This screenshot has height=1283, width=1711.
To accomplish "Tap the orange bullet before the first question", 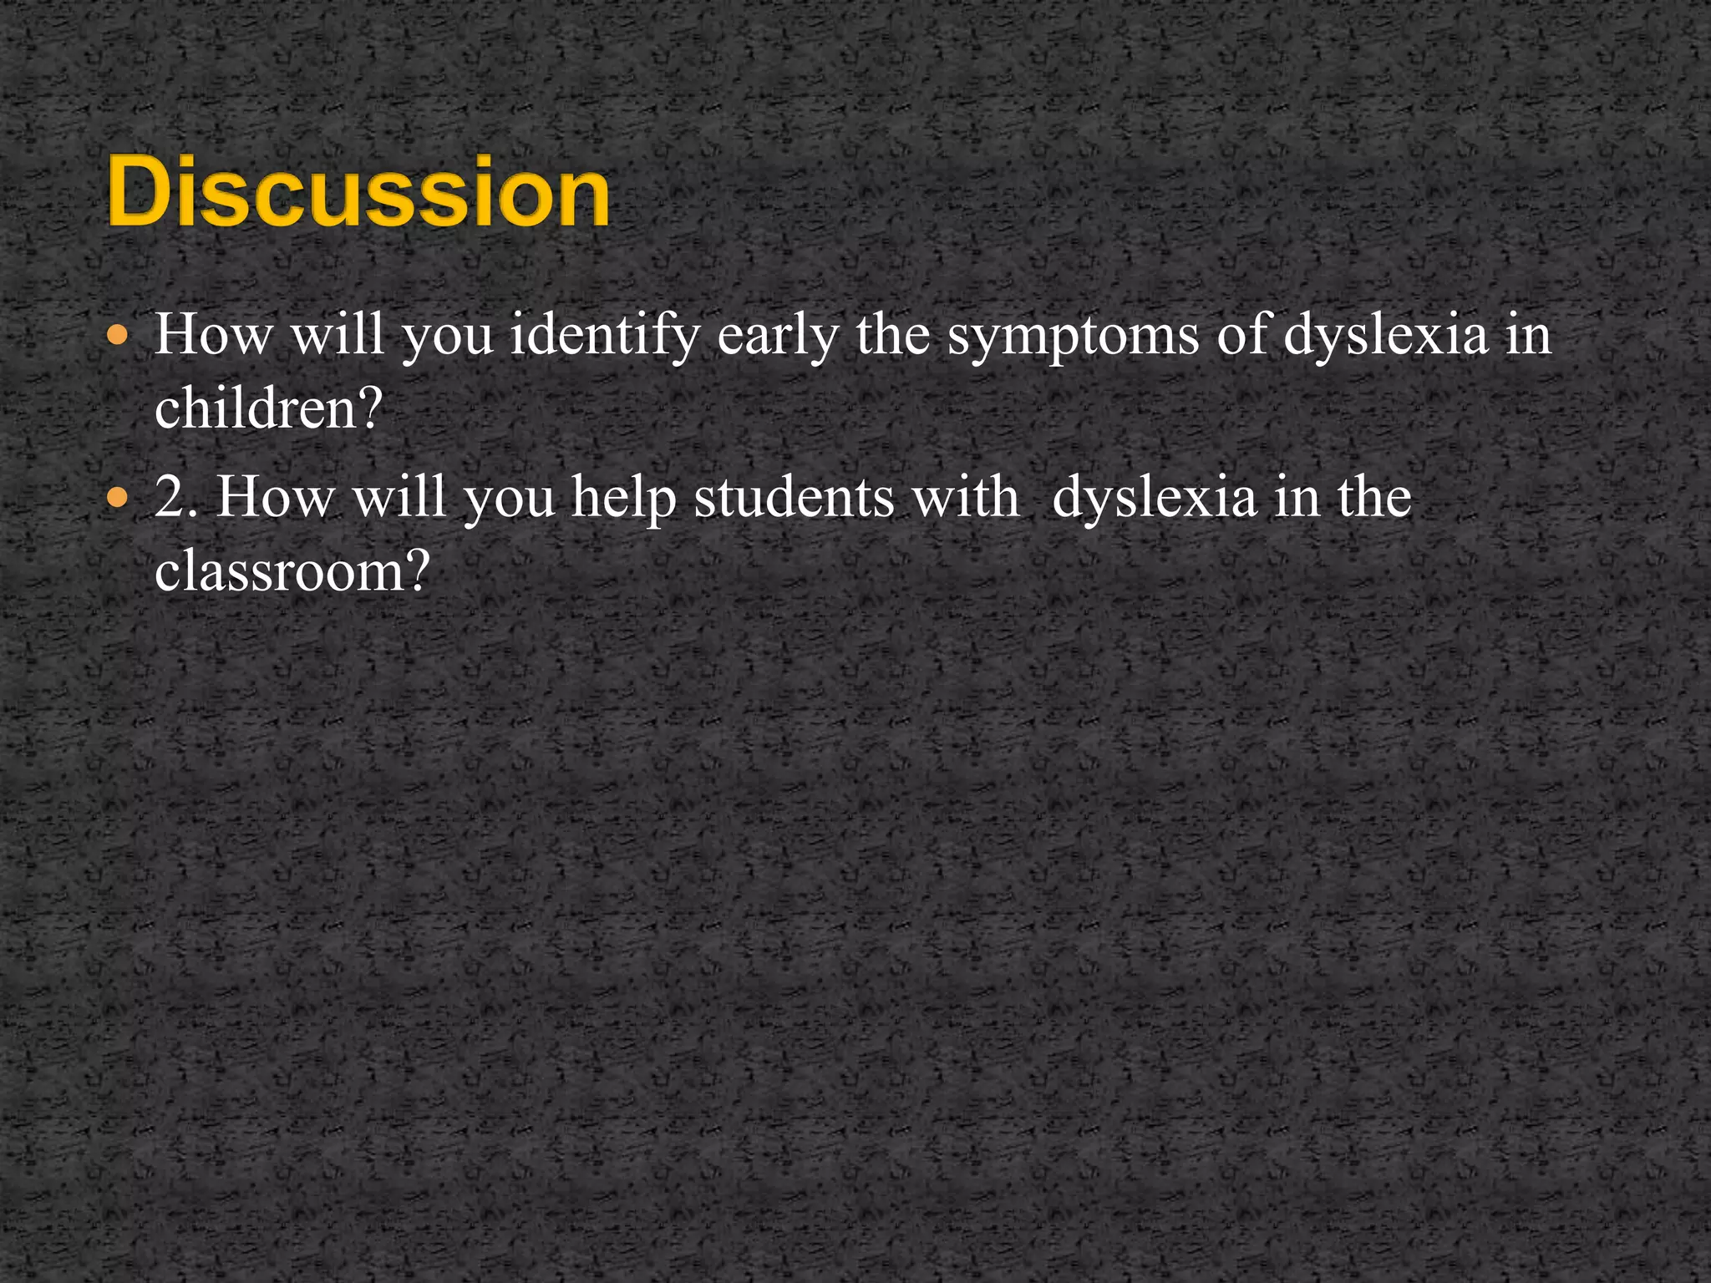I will pyautogui.click(x=119, y=337).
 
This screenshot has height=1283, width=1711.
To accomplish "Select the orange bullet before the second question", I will pyautogui.click(x=119, y=500).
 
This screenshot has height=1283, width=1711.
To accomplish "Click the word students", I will pyautogui.click(x=794, y=498).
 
